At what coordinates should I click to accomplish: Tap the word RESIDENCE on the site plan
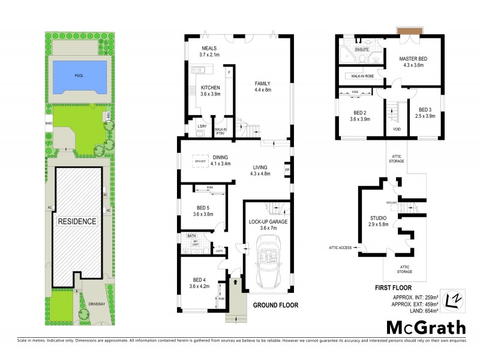(77, 221)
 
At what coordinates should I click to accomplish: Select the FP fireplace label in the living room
(287, 170)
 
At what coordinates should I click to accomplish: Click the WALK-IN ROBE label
(358, 77)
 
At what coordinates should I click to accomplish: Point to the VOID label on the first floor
(397, 128)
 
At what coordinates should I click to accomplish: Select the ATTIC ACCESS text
(340, 247)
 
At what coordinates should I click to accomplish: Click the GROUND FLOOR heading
(275, 305)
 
